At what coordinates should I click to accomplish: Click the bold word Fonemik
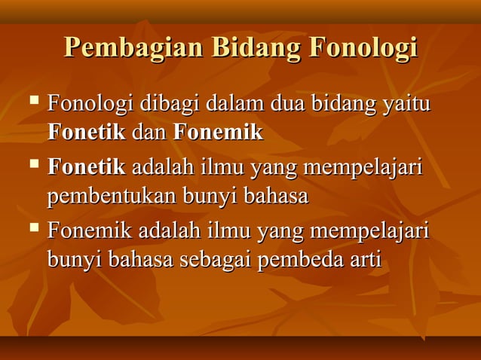click(219, 133)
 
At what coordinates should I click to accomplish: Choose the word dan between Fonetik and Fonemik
click(149, 133)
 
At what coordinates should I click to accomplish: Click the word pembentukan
click(109, 197)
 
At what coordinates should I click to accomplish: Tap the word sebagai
click(217, 261)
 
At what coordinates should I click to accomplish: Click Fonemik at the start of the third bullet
click(90, 229)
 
